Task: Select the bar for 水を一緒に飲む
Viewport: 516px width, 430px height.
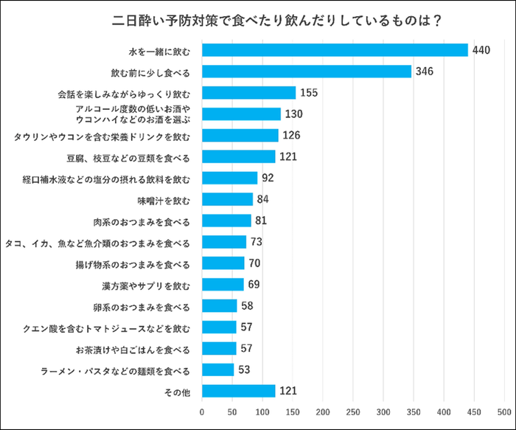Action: coord(335,50)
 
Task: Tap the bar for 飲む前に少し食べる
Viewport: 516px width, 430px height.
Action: coord(307,72)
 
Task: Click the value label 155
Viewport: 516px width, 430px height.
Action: coord(310,93)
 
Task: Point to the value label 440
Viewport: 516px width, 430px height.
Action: coord(482,50)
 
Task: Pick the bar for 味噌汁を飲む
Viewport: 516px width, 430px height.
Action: coord(227,199)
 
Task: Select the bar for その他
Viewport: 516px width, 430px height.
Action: coord(238,391)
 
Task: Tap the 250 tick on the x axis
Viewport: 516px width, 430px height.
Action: coord(353,411)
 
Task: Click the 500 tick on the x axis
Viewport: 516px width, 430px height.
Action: coord(504,411)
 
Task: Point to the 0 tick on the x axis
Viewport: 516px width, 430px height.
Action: coord(202,411)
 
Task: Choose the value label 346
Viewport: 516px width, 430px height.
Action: coord(424,72)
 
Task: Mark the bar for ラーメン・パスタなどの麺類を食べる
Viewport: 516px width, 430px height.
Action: coord(217,370)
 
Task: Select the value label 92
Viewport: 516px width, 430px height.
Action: coord(268,178)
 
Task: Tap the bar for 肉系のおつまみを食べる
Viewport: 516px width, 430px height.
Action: coord(226,221)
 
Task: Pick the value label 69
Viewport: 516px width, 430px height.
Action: coord(254,285)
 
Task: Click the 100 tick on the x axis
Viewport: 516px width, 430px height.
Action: coord(262,411)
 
